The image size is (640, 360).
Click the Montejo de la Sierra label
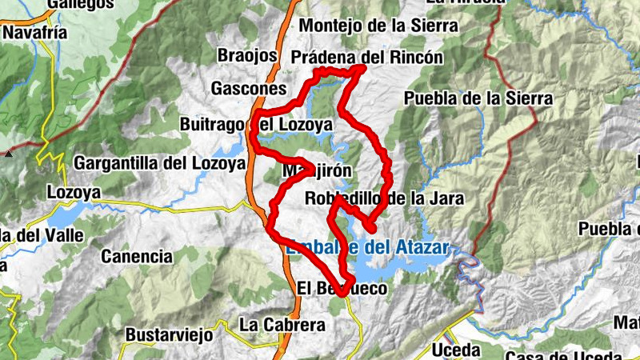[378, 26]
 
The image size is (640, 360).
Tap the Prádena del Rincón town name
[367, 58]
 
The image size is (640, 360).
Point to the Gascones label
[249, 88]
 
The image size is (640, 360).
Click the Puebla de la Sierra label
[478, 98]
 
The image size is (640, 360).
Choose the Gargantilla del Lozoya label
[159, 163]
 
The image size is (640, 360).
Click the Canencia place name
[137, 257]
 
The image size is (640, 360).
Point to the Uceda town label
[456, 350]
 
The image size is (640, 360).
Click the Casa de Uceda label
[564, 355]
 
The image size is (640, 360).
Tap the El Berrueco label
[342, 288]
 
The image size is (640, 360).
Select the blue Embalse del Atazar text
[367, 246]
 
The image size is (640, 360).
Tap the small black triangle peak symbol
[8, 151]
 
